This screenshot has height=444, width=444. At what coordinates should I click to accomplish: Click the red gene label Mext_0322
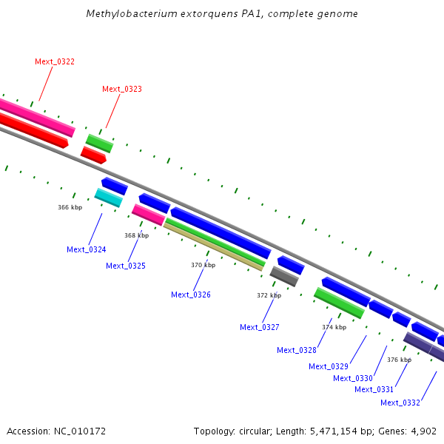55,61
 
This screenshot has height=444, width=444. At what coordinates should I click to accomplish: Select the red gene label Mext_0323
122,90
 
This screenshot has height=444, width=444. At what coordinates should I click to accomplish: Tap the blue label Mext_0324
87,250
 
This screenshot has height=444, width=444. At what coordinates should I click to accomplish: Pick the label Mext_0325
126,266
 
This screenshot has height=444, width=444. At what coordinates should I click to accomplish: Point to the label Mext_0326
191,295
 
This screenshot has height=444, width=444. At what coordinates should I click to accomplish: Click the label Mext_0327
260,327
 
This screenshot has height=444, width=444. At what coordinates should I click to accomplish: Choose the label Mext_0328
297,350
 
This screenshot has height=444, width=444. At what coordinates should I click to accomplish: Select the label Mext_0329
329,367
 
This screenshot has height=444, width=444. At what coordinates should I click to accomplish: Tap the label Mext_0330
353,379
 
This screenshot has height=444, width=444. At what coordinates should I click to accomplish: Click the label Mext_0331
374,390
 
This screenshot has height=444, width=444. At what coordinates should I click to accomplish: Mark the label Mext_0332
400,403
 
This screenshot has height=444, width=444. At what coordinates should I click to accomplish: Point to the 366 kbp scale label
70,207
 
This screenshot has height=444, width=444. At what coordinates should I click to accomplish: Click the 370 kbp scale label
203,266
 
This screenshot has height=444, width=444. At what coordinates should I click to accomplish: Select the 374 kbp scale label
334,327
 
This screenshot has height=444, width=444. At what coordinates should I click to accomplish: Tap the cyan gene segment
109,198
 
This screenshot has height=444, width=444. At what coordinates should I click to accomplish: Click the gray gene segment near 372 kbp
284,276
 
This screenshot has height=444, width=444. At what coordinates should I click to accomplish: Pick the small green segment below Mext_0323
99,144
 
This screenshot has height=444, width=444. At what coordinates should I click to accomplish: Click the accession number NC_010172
80,431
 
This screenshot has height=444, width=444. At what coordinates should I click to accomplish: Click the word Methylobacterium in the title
132,13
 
